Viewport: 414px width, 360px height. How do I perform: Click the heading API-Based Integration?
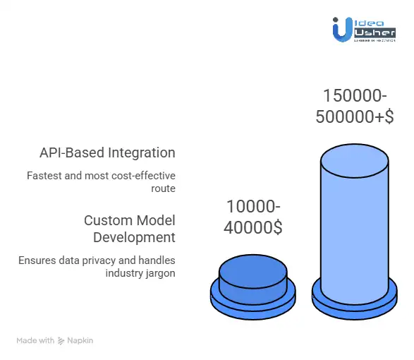pyautogui.click(x=107, y=152)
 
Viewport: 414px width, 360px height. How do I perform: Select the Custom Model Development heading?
pyautogui.click(x=129, y=228)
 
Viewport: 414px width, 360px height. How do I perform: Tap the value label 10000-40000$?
pyautogui.click(x=253, y=218)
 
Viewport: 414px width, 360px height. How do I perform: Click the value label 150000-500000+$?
pyautogui.click(x=354, y=107)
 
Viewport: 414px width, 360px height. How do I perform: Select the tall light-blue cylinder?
pyautogui.click(x=354, y=226)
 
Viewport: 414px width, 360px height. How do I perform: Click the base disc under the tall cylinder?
pyautogui.click(x=354, y=302)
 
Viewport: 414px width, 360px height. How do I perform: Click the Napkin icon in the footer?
pyautogui.click(x=62, y=340)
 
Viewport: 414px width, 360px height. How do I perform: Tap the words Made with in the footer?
pyautogui.click(x=35, y=340)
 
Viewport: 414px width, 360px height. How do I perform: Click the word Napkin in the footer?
pyautogui.click(x=80, y=340)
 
